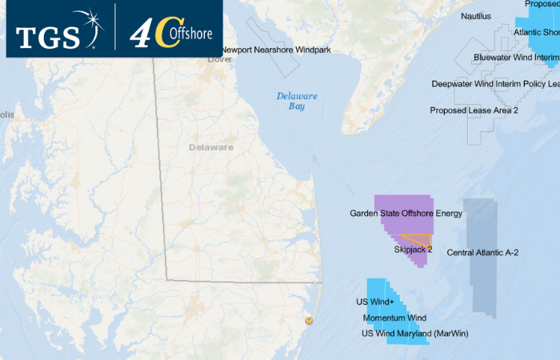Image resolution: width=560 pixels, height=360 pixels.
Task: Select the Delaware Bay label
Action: (297, 101)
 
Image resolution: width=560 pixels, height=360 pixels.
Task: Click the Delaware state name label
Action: (211, 147)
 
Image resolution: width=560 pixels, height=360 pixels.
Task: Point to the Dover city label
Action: (219, 59)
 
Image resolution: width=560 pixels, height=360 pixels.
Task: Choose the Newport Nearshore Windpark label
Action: (274, 50)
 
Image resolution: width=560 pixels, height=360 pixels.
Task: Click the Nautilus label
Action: (477, 16)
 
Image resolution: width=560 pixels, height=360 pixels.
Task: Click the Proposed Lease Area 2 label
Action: (474, 110)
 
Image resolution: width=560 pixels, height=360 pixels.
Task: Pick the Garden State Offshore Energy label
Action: (406, 214)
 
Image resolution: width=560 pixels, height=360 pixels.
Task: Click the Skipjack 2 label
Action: (413, 250)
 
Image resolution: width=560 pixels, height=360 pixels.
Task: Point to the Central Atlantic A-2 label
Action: (482, 253)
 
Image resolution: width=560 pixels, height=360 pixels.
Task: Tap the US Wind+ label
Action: (375, 302)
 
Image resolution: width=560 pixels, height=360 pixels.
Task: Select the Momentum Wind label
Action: (394, 318)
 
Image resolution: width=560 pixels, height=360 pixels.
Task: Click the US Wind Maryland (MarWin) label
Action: (414, 333)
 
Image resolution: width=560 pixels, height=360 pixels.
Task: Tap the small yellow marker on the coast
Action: (309, 321)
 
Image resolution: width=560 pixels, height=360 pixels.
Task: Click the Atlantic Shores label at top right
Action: (537, 33)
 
